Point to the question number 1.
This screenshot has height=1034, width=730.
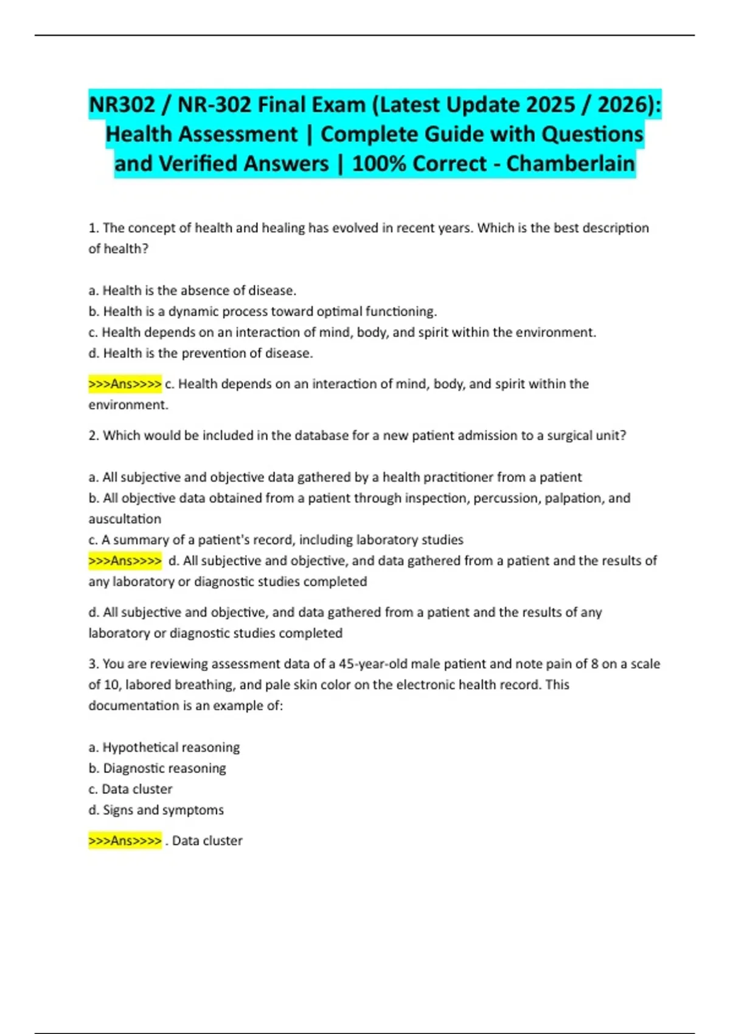[93, 228]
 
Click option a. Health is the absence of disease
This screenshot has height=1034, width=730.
[192, 291]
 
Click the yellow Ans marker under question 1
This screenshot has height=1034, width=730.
[125, 384]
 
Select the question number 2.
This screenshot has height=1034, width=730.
[93, 435]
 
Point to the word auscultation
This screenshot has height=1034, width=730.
[125, 519]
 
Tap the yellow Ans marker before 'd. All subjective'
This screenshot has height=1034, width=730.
[125, 561]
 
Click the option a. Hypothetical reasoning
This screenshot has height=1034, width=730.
[164, 748]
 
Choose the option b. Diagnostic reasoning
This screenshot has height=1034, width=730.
[158, 768]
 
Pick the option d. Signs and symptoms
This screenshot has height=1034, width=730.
[156, 810]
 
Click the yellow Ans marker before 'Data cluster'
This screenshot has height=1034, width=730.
[125, 841]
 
